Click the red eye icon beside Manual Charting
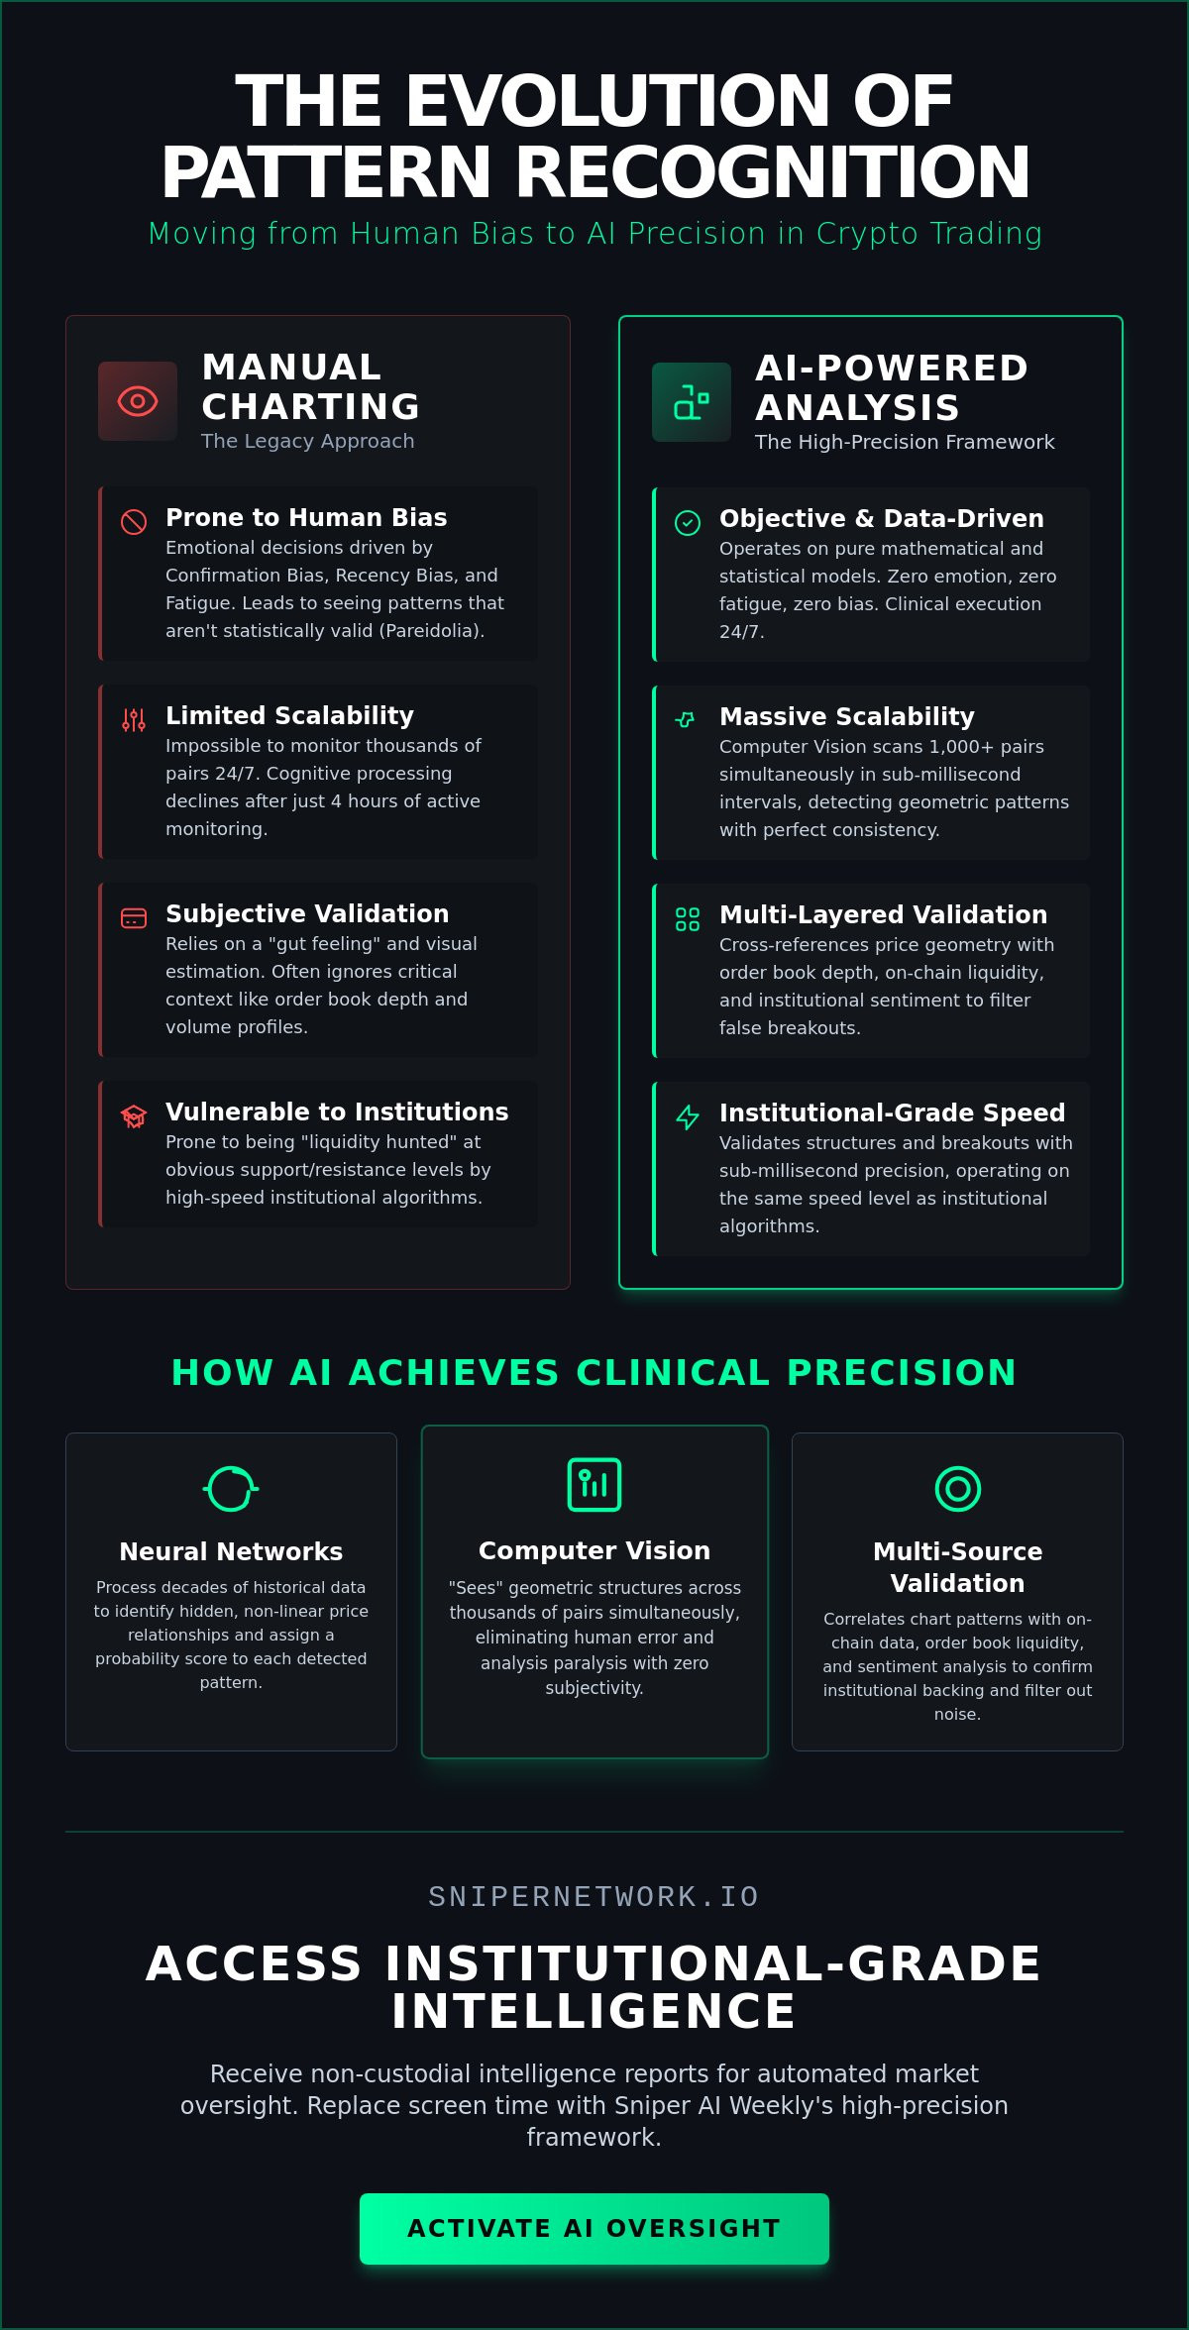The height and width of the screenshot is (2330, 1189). (138, 401)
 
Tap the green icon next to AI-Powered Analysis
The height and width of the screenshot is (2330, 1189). (692, 402)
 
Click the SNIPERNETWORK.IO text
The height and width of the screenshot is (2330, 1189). (594, 1896)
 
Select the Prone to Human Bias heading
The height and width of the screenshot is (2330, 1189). (306, 517)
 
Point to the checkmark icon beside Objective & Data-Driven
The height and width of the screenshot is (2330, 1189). (688, 523)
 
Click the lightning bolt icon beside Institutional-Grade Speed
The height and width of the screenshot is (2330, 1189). (688, 1117)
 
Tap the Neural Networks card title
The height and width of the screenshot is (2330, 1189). (231, 1551)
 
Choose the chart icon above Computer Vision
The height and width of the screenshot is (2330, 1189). (594, 1485)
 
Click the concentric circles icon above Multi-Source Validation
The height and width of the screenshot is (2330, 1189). (958, 1489)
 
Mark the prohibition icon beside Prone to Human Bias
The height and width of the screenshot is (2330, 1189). (134, 522)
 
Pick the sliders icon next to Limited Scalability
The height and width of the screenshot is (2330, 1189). (134, 720)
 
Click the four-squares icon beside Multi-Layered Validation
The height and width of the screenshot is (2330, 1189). (688, 919)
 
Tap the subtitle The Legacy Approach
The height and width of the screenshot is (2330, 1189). (308, 441)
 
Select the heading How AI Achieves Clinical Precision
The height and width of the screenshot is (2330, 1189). (594, 1372)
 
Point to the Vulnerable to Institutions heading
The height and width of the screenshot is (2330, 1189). (337, 1112)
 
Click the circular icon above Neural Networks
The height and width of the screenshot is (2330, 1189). (231, 1489)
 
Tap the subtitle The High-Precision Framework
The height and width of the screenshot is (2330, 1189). (905, 442)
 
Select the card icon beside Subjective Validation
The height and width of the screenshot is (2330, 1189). (134, 918)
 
